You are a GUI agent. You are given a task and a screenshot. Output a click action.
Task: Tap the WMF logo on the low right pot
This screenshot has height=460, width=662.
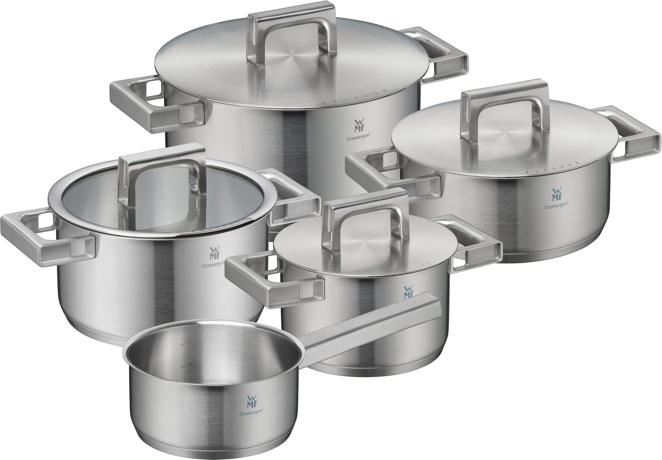(x=556, y=195)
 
